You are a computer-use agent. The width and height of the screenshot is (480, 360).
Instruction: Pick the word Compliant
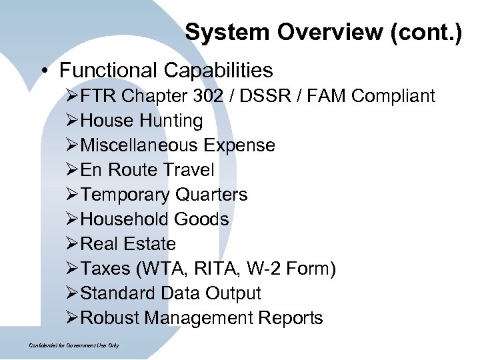point(393,96)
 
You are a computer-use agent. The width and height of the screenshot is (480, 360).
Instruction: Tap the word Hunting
point(171,121)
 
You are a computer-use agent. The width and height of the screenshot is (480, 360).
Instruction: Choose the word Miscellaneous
point(139,145)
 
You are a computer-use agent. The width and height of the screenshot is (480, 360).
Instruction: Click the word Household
point(125,219)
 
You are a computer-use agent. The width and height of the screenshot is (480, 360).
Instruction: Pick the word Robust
point(109,318)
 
